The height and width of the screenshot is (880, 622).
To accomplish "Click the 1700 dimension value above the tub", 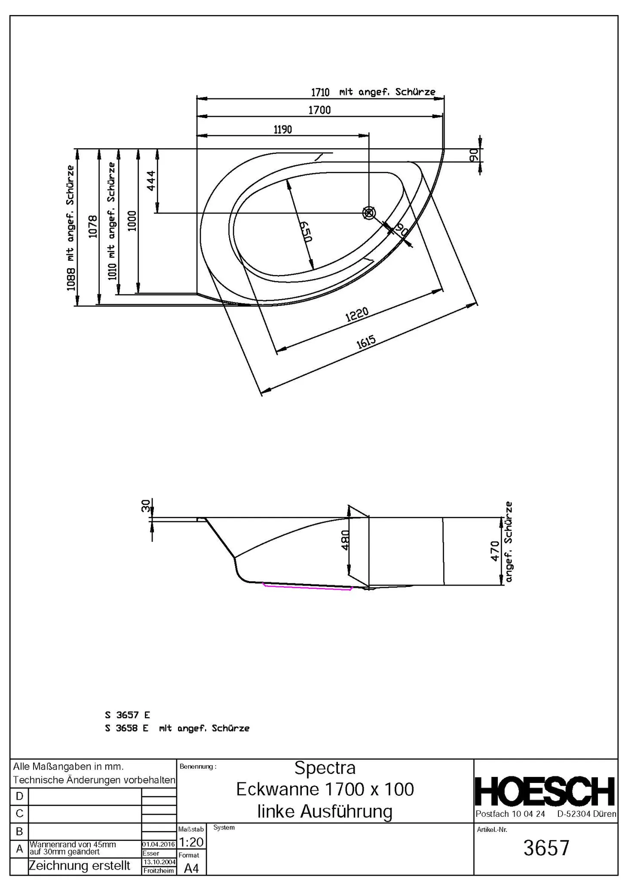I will click(x=319, y=110).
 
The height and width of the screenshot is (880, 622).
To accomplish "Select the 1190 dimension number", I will click(x=282, y=129).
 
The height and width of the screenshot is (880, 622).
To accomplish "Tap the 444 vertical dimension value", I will click(x=151, y=180).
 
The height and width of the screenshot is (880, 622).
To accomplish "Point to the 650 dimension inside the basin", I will click(x=305, y=232).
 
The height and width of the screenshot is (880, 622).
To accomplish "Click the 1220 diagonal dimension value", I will click(x=357, y=315).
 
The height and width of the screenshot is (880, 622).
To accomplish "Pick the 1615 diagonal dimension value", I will click(x=366, y=342).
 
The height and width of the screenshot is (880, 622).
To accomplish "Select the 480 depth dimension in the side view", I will click(x=345, y=539).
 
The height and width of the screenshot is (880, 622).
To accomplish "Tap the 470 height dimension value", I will click(x=495, y=551).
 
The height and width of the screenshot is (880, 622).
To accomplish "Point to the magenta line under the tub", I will click(x=307, y=587).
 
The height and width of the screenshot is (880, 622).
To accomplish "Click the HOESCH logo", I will click(x=545, y=791).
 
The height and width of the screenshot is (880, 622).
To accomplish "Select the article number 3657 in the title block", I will click(x=546, y=848).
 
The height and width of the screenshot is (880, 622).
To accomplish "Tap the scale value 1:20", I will click(x=191, y=842).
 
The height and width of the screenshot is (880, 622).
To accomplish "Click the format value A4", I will click(x=191, y=868).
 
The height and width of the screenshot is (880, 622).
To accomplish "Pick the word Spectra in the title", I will click(x=325, y=768).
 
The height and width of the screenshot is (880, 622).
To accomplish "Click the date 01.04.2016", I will click(x=159, y=844).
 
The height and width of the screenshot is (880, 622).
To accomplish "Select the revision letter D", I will click(x=19, y=796).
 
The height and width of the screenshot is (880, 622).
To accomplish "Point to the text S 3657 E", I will click(x=128, y=715).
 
